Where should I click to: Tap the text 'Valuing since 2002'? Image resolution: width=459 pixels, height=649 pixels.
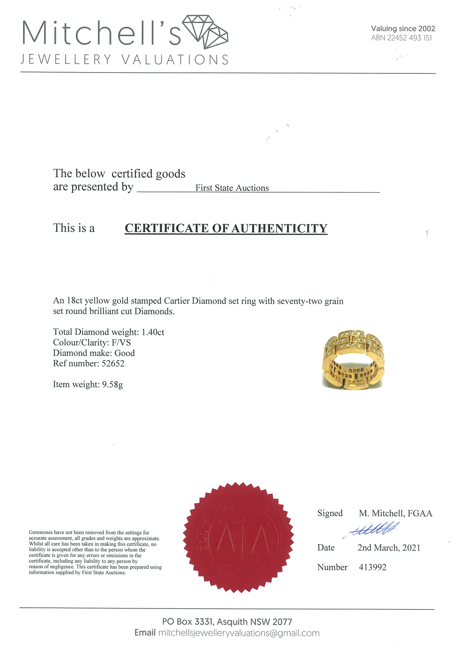(x=403, y=29)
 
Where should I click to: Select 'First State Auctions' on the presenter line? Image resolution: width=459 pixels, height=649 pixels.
(x=232, y=188)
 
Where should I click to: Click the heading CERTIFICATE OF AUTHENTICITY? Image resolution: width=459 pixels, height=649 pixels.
(x=226, y=228)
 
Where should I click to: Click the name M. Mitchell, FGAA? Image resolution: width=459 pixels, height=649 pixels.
(x=395, y=513)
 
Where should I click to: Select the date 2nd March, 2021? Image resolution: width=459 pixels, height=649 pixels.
(x=389, y=548)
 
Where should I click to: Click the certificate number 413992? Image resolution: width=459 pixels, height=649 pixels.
(x=372, y=567)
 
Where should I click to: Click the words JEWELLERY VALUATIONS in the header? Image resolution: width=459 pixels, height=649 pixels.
(x=124, y=60)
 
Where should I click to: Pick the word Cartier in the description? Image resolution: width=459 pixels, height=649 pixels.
(x=176, y=301)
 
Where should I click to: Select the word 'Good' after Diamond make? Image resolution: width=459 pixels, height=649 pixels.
(x=124, y=353)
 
